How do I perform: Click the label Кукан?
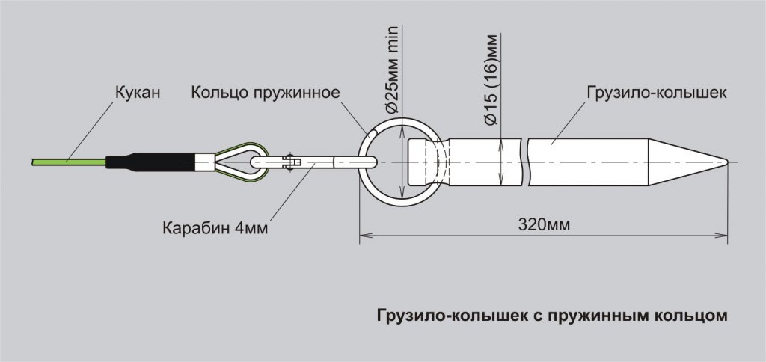pyautogui.click(x=138, y=92)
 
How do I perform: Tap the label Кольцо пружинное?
pyautogui.click(x=266, y=92)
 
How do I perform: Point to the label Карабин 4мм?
pyautogui.click(x=215, y=228)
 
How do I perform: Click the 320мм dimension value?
pyautogui.click(x=544, y=225)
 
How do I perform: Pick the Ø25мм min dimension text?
pyautogui.click(x=392, y=70)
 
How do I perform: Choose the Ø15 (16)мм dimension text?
pyautogui.click(x=491, y=79)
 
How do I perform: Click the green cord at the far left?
pyautogui.click(x=69, y=162)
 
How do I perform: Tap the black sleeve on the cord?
pyautogui.click(x=150, y=162)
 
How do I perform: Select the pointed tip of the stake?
pyautogui.click(x=727, y=162)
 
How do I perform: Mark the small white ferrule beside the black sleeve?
pyautogui.click(x=205, y=162)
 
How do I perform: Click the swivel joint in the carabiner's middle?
pyautogui.click(x=289, y=162)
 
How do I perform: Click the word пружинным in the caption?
pyautogui.click(x=595, y=316)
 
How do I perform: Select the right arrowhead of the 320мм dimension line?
pyautogui.click(x=723, y=236)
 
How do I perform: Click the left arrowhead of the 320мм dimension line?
pyautogui.click(x=364, y=236)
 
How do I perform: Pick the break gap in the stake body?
pyautogui.click(x=527, y=162)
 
